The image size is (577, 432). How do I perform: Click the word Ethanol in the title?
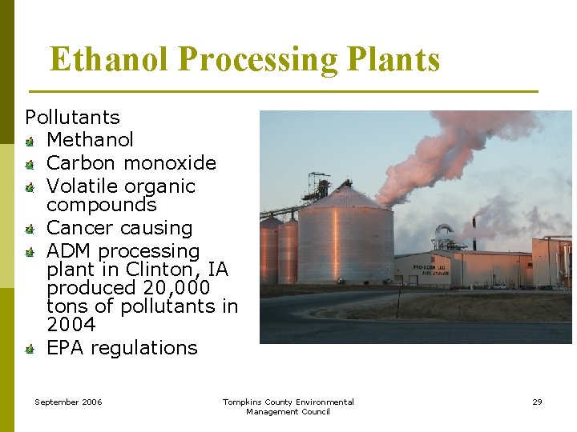tap(110, 60)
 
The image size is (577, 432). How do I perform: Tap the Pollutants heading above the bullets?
tap(72, 118)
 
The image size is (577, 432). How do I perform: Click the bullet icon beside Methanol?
tap(29, 142)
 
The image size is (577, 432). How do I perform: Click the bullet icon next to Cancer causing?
tap(29, 230)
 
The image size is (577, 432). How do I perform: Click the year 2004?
tap(71, 325)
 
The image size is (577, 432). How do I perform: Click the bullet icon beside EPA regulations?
tap(29, 350)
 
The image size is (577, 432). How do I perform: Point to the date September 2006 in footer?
tap(68, 402)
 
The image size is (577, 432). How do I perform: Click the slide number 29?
tap(537, 402)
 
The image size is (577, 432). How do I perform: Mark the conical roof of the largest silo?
tap(347, 197)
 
